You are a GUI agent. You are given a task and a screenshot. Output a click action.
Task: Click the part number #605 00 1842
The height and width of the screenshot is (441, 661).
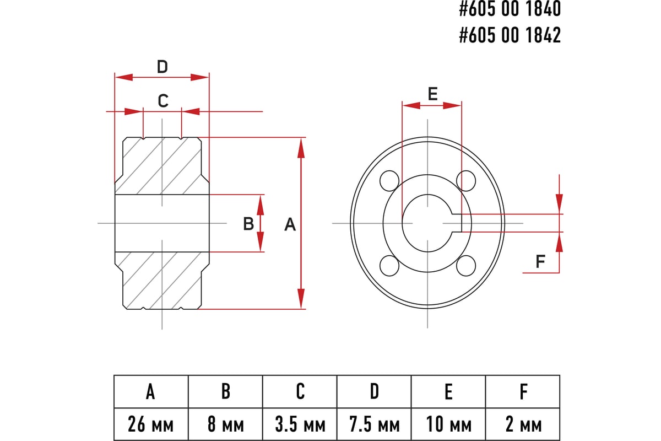coord(510,35)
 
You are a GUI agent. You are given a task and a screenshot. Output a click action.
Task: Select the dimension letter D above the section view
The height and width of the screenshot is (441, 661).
coord(162,67)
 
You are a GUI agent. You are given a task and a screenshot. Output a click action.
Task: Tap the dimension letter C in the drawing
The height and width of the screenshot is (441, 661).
coord(162,101)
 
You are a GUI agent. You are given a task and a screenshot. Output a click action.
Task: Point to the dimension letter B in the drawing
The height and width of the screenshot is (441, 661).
coord(248,223)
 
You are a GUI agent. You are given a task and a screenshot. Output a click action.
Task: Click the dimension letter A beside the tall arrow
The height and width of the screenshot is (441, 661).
coord(290,224)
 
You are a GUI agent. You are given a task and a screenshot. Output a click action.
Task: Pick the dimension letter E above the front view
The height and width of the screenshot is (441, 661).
coord(432,94)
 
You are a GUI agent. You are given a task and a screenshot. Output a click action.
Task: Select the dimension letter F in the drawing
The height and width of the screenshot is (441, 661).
coord(540,261)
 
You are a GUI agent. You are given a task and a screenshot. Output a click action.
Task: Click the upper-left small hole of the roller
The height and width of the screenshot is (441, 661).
coord(389,180)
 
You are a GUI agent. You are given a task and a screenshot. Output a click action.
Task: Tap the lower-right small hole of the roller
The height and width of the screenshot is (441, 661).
coord(467,265)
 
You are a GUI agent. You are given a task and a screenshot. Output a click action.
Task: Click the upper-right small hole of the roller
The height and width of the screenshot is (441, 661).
coord(467,180)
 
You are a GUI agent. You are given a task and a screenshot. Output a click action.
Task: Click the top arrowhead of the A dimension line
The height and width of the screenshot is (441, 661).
coord(301,147)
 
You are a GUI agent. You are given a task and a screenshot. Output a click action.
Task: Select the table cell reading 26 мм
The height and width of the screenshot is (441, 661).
coord(151,424)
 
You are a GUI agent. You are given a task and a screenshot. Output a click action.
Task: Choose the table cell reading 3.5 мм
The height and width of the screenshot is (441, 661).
coord(300,424)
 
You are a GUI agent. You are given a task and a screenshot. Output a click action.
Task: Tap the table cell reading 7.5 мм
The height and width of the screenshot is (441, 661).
coord(374,424)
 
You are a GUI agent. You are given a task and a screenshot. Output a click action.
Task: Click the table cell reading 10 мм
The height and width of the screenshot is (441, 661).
coord(448,424)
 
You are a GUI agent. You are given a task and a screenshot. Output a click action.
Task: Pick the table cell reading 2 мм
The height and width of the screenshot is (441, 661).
coord(523,424)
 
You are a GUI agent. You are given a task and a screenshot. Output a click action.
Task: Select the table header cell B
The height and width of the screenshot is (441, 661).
coord(225,392)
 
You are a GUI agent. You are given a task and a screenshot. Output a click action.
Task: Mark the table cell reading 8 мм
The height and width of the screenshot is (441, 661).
coord(225,424)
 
